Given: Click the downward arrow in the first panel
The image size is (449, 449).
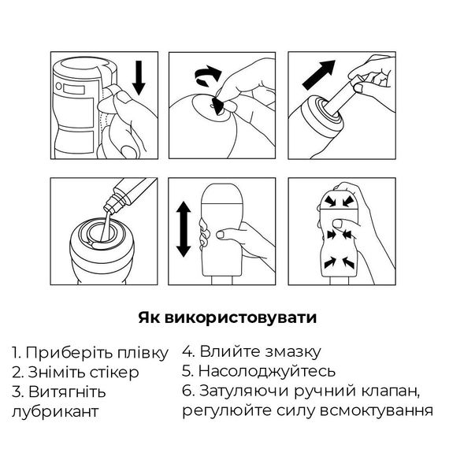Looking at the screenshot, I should click(x=140, y=80).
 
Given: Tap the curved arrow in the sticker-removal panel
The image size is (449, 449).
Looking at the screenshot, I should click(x=207, y=77).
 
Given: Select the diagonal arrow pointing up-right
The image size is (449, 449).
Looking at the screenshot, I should click(x=315, y=80).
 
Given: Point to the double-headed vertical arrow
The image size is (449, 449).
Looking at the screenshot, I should click(x=183, y=228).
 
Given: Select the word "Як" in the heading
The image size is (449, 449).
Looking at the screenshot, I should click(x=147, y=317).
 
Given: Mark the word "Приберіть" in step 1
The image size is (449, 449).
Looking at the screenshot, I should click(x=65, y=351).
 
